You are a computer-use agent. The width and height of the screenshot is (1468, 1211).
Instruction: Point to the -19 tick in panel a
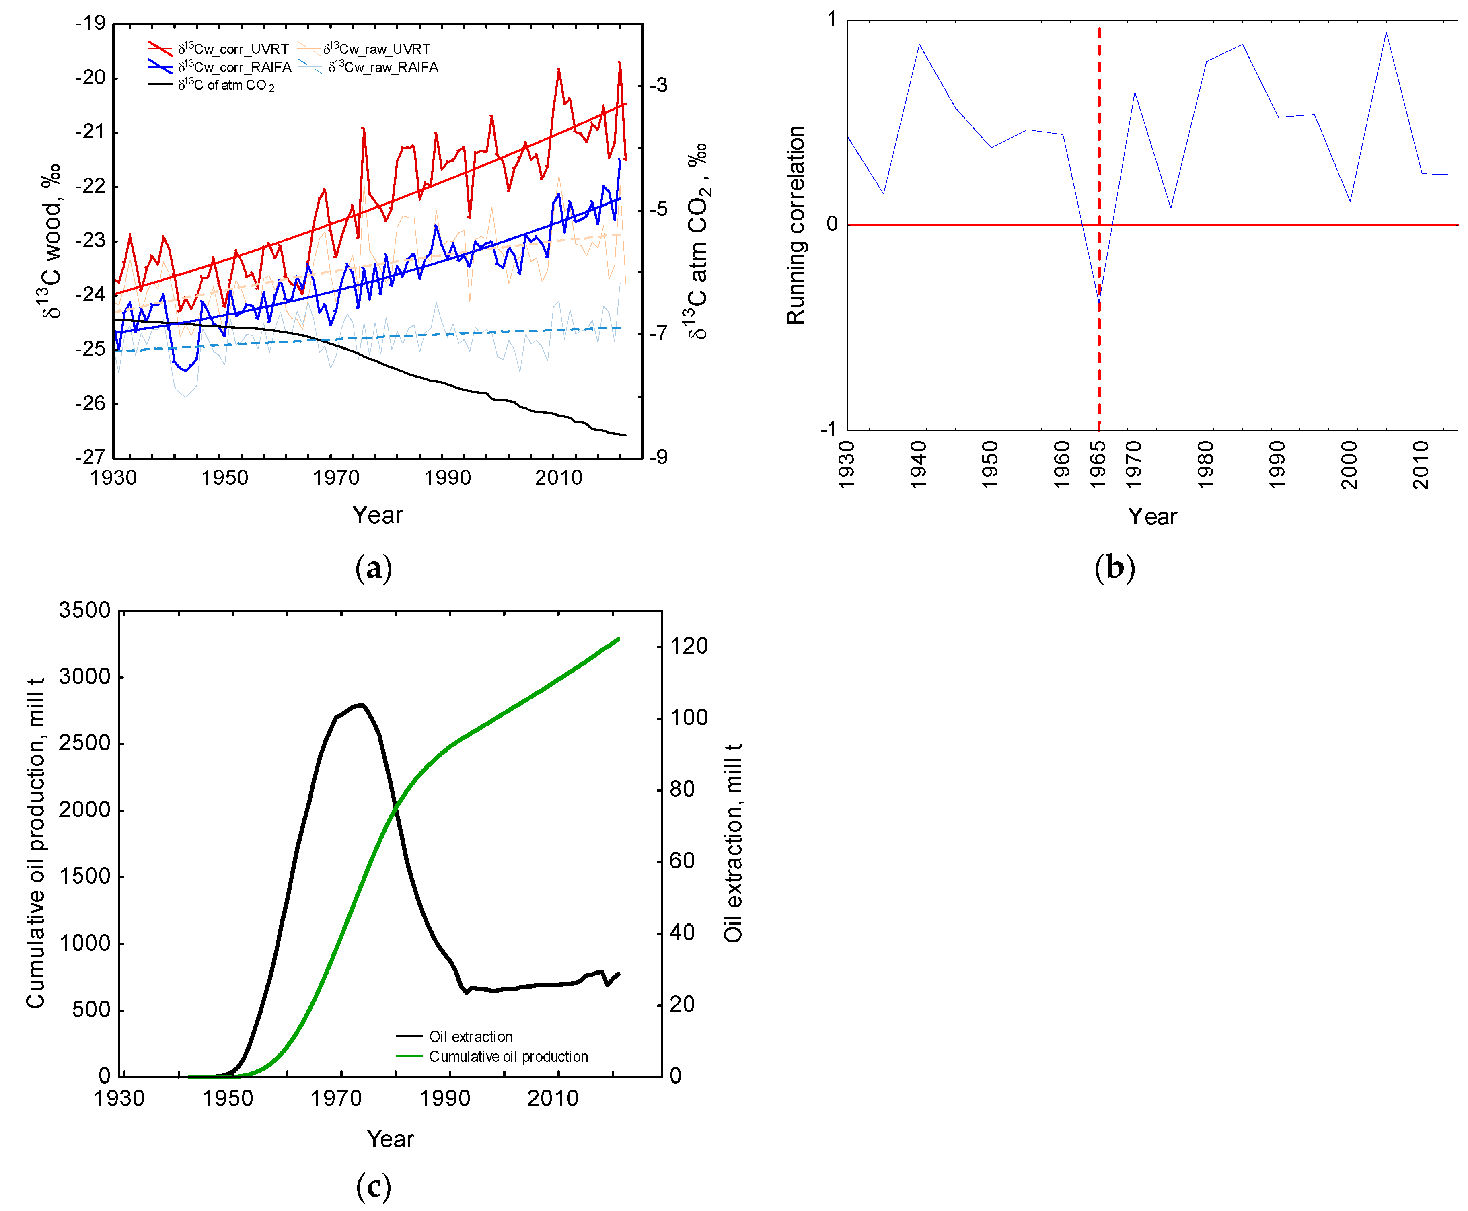pos(90,23)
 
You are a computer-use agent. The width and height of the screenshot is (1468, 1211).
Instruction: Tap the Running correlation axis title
pos(795,225)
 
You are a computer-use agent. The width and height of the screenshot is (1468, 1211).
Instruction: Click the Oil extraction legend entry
pos(470,1036)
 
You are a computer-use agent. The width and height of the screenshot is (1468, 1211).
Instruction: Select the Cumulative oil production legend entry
pos(508,1056)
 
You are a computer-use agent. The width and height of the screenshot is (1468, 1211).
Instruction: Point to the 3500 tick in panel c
pos(84,611)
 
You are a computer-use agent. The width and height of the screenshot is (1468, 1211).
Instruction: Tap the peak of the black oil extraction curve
pos(360,705)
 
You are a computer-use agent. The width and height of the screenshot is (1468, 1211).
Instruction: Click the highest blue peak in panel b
pos(1386,32)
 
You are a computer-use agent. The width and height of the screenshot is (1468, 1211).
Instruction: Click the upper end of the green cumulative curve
pos(618,639)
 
